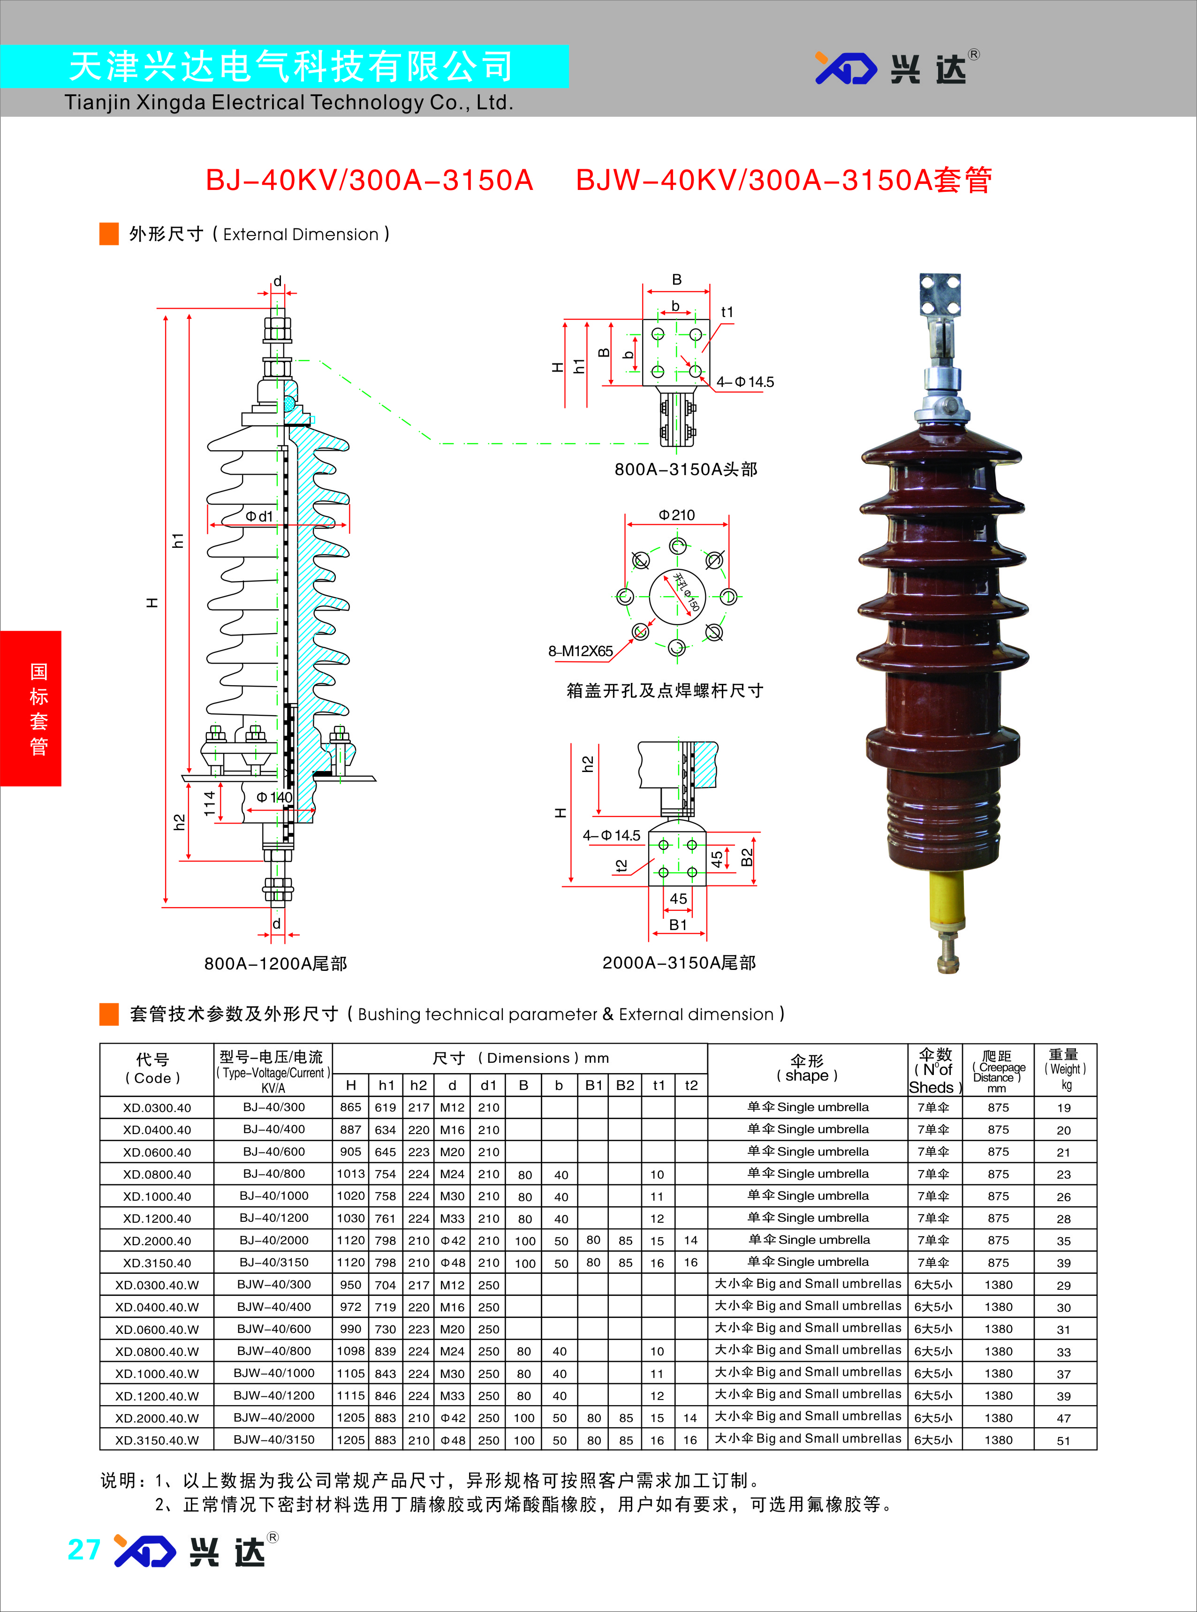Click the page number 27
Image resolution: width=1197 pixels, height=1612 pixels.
(83, 1550)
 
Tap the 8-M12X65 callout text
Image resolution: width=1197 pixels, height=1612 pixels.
(580, 651)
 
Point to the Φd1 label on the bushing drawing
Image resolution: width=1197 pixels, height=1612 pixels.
(258, 516)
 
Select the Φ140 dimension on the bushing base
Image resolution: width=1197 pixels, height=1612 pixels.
(274, 797)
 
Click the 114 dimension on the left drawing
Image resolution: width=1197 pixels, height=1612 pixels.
(209, 803)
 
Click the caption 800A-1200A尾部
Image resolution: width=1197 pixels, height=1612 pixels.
(275, 963)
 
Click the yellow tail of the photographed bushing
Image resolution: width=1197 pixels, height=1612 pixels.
(947, 902)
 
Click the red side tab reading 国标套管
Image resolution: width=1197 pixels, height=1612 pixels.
(30, 709)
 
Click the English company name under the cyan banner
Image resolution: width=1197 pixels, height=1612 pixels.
(288, 103)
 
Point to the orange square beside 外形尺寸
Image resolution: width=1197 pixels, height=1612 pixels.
(109, 234)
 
